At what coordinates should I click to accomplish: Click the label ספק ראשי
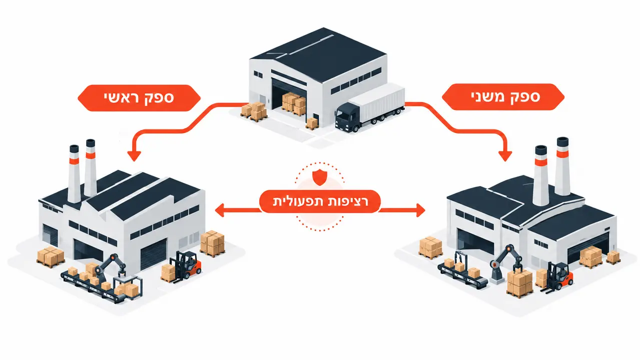(x=139, y=98)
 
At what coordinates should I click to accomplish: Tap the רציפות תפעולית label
(x=320, y=201)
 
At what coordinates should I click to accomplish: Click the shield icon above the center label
(x=319, y=176)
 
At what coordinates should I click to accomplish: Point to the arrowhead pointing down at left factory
(x=134, y=155)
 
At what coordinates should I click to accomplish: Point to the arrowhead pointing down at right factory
(x=505, y=155)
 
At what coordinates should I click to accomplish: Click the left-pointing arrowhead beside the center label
(x=220, y=210)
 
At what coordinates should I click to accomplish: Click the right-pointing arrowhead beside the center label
(x=420, y=210)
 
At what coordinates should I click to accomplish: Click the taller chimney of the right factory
(x=562, y=166)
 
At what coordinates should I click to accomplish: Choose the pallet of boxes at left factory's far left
(x=51, y=257)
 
